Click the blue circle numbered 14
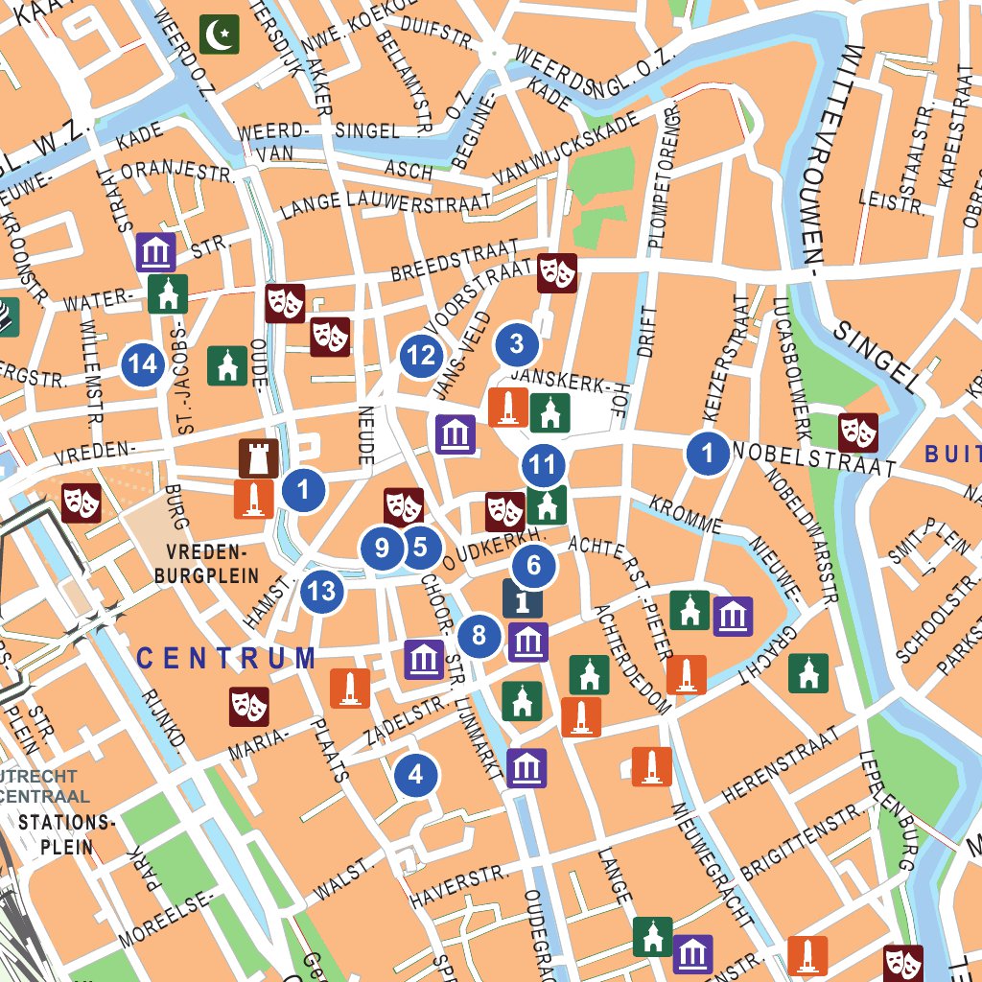click(x=143, y=364)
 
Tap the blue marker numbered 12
click(x=421, y=357)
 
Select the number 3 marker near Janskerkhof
click(x=517, y=343)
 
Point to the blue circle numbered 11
click(x=543, y=467)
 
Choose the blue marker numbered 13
click(x=322, y=591)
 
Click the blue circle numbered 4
click(x=415, y=774)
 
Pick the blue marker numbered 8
click(x=479, y=636)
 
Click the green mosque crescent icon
click(x=220, y=35)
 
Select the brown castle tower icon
click(x=258, y=459)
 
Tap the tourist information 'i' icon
click(x=523, y=599)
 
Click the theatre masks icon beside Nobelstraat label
click(x=858, y=433)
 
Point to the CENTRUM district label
click(x=225, y=658)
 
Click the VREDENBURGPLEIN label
click(x=207, y=564)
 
